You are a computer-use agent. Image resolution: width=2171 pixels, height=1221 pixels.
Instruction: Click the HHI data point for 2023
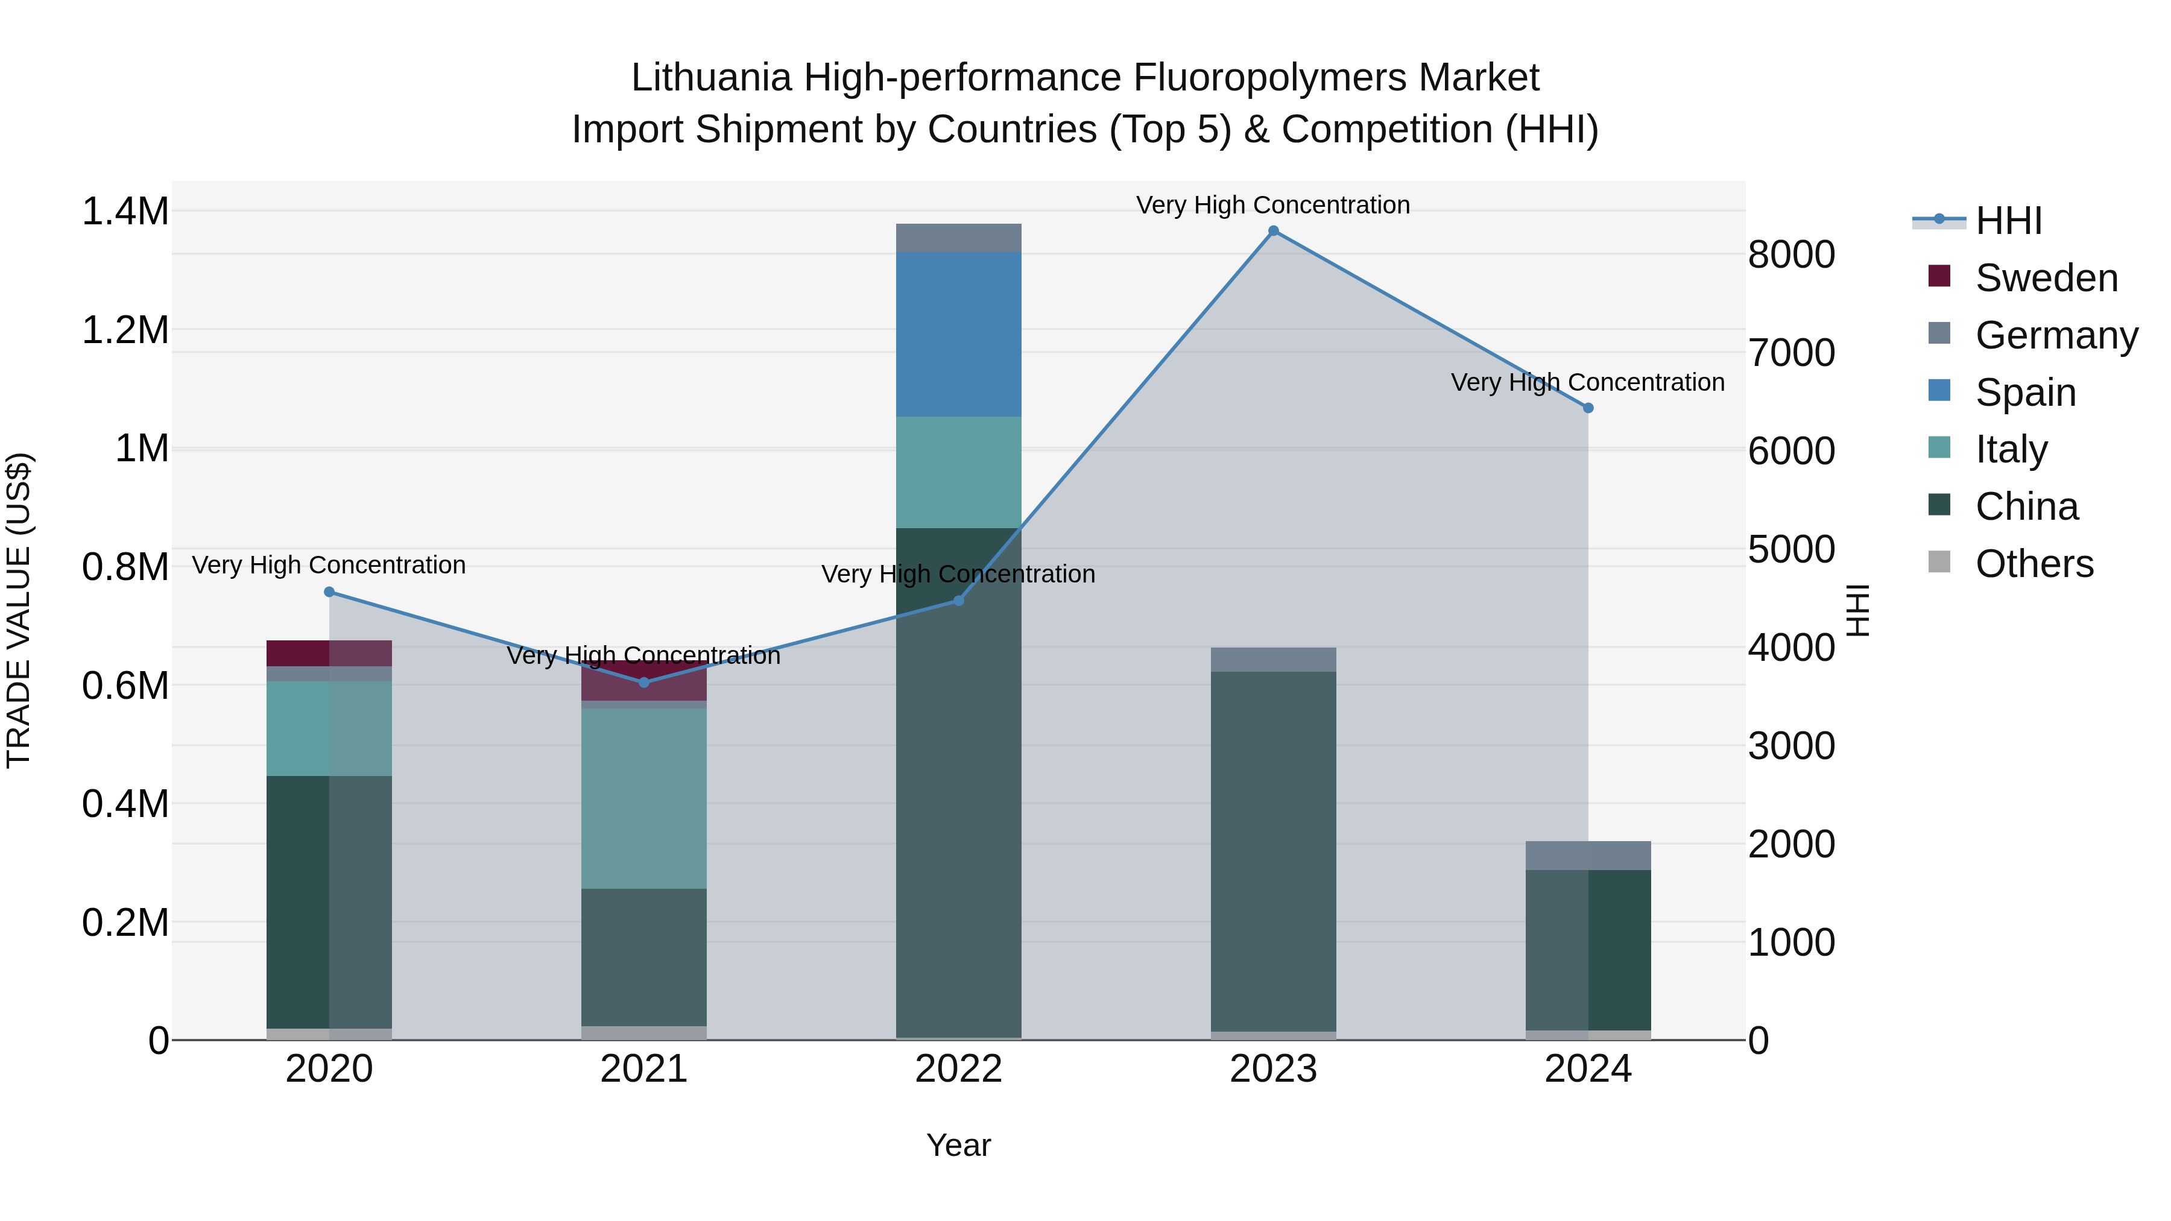point(1272,231)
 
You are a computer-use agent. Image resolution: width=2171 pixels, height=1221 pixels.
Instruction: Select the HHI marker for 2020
point(329,592)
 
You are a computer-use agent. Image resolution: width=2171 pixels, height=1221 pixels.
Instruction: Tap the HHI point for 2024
point(1588,408)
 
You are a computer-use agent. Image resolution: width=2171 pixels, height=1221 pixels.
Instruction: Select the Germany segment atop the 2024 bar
point(1588,855)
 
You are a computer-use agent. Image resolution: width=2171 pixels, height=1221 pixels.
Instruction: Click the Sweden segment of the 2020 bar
point(329,653)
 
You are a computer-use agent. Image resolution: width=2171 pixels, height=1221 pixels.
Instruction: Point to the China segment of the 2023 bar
point(1272,851)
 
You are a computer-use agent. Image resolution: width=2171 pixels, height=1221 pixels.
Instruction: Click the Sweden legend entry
point(2046,278)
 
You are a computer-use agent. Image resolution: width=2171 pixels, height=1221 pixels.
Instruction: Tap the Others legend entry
point(2034,564)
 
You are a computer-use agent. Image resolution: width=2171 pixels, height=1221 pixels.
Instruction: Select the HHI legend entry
point(2008,221)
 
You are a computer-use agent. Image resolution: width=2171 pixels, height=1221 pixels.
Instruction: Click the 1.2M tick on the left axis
point(125,330)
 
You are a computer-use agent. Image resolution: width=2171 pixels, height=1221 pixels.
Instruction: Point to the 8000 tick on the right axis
point(1791,254)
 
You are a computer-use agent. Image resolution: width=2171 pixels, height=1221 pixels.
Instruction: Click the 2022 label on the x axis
point(958,1069)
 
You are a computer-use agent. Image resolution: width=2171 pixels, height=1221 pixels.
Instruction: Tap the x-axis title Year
point(958,1145)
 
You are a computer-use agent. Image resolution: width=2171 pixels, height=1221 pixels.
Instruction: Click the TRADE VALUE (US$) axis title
point(19,610)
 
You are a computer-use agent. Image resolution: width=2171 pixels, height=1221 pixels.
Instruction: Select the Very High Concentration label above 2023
point(1272,205)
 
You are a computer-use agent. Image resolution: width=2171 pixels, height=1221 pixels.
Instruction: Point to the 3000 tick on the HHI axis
point(1791,746)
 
